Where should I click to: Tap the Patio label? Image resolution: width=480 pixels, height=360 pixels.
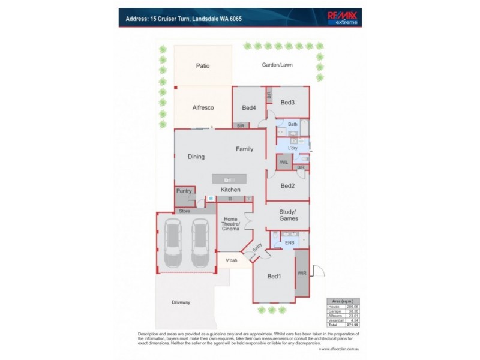pos(202,65)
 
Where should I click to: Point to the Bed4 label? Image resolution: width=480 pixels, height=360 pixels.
pos(249,108)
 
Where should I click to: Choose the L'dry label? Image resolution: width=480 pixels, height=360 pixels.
pos(293,148)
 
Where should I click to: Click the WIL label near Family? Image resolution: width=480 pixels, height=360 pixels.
pos(284,162)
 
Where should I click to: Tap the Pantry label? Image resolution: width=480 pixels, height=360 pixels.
pos(184,192)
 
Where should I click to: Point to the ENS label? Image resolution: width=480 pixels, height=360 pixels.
pos(289,243)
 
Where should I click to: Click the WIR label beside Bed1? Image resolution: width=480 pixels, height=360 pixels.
pos(302,274)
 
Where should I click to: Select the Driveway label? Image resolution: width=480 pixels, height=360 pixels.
pos(181,302)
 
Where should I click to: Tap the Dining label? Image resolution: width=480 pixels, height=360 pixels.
pos(196,157)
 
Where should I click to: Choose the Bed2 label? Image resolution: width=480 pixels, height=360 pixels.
pos(287,186)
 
